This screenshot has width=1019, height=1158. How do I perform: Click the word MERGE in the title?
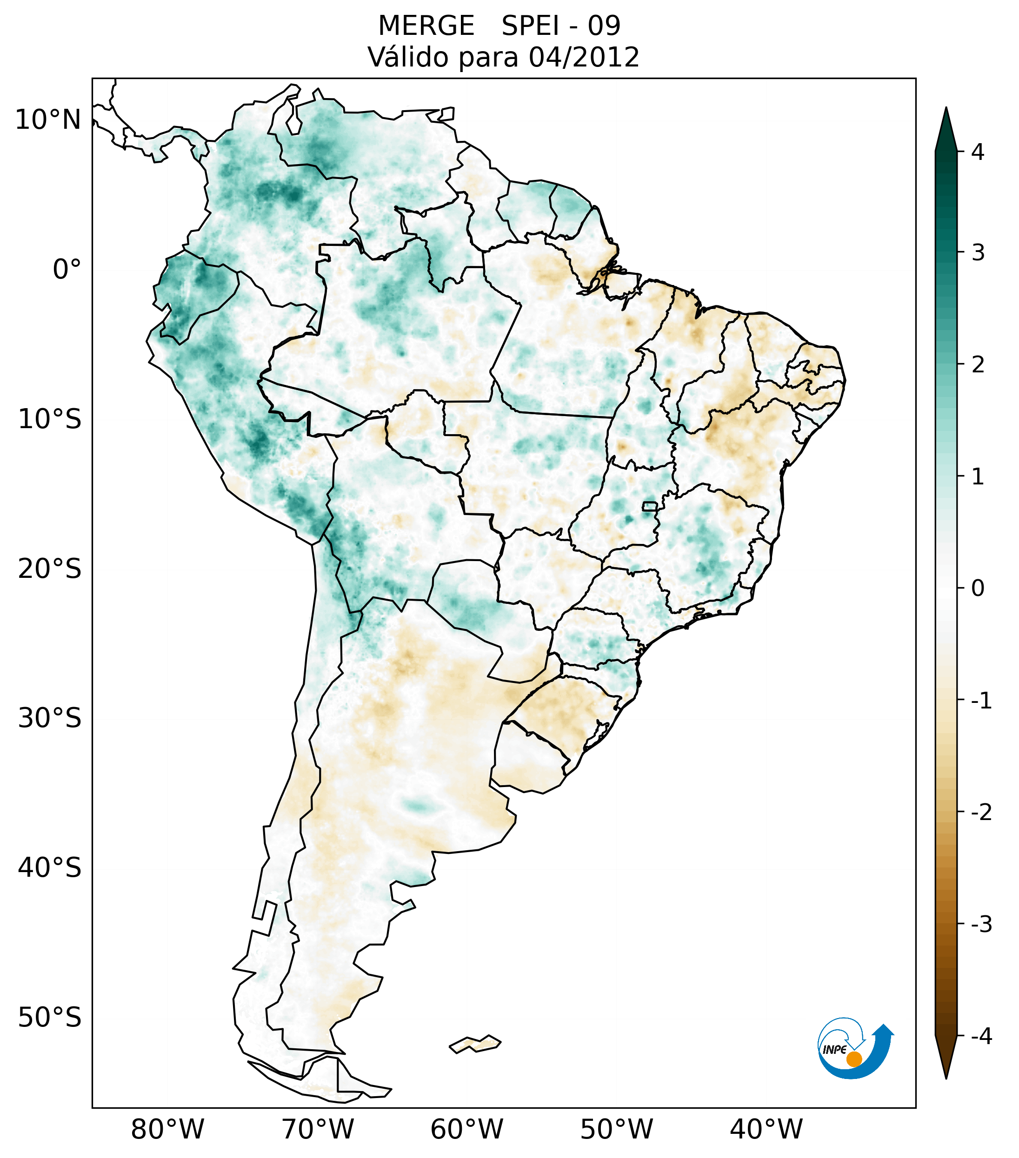426,26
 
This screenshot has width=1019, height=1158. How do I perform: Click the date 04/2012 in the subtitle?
584,57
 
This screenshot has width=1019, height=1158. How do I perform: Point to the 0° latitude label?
67,270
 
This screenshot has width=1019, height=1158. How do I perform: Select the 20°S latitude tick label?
50,569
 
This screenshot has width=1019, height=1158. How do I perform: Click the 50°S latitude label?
50,1018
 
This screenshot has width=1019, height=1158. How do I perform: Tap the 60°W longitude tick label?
466,1129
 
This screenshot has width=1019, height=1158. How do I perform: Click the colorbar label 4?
977,152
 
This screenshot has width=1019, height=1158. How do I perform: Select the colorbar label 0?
977,589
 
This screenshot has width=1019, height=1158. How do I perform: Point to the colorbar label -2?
980,813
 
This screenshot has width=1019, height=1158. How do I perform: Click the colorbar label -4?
980,1036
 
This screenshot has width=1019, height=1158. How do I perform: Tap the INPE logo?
854,1047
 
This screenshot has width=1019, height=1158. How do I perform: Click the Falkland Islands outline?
475,1044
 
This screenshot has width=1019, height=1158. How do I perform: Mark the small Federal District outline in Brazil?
649,506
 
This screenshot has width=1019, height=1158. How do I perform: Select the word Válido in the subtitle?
408,57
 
